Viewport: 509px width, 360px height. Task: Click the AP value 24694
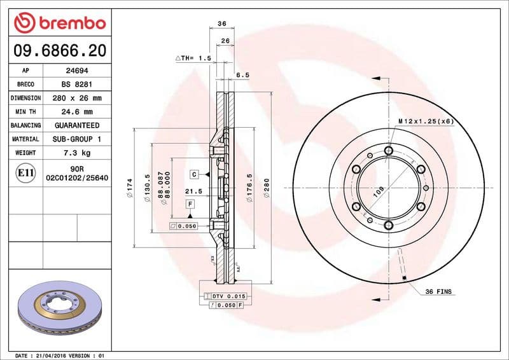pyautogui.click(x=76, y=71)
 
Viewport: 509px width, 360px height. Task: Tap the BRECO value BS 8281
pyautogui.click(x=76, y=85)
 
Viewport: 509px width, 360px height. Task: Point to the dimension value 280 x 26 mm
pyautogui.click(x=76, y=98)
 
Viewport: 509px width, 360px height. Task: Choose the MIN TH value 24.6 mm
pyautogui.click(x=76, y=112)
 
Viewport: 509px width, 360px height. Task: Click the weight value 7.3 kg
pyautogui.click(x=76, y=153)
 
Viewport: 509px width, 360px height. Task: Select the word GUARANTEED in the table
pyautogui.click(x=76, y=125)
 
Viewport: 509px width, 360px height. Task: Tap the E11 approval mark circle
pyautogui.click(x=26, y=172)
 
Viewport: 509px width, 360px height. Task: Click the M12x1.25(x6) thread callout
pyautogui.click(x=426, y=121)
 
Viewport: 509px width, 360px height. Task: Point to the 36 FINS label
pyautogui.click(x=438, y=291)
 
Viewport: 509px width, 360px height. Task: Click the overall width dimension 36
pyautogui.click(x=222, y=24)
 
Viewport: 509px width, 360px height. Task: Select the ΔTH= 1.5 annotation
pyautogui.click(x=193, y=58)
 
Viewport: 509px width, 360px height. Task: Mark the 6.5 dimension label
pyautogui.click(x=242, y=74)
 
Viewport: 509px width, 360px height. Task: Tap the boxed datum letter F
pyautogui.click(x=190, y=204)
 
